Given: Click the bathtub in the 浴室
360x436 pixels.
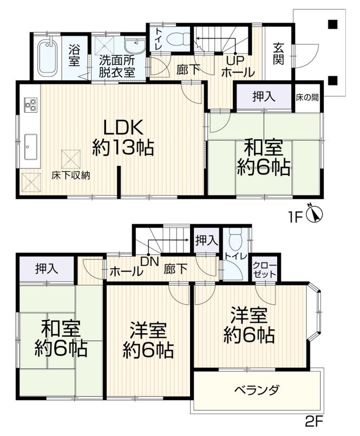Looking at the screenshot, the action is point(47,57).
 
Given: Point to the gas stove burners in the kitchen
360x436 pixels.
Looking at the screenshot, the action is point(30,105).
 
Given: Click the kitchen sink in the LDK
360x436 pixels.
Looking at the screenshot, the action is point(31,147).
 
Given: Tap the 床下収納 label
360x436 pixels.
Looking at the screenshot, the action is point(70,175).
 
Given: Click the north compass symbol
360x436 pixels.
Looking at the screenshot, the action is point(314,214).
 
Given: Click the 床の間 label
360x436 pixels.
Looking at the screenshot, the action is point(307,97).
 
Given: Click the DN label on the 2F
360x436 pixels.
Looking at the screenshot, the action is point(149,262).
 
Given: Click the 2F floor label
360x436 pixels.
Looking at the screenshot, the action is point(314,428).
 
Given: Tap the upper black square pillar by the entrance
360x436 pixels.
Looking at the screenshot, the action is point(333,24).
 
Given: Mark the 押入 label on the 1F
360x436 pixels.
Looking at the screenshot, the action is point(264,96).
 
